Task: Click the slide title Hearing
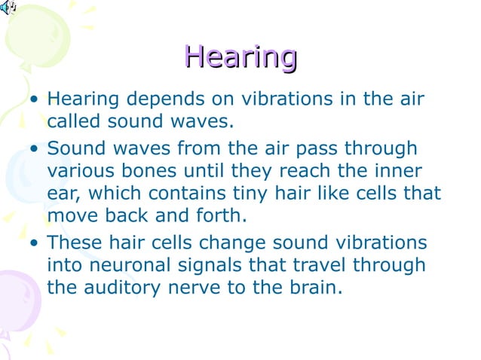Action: [240, 56]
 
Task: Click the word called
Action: [72, 121]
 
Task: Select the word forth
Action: [222, 215]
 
